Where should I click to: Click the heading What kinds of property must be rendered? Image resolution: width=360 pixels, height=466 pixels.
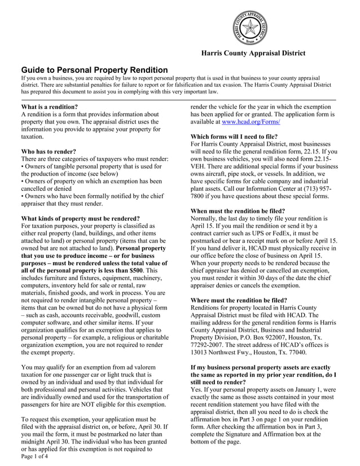[80, 218]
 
